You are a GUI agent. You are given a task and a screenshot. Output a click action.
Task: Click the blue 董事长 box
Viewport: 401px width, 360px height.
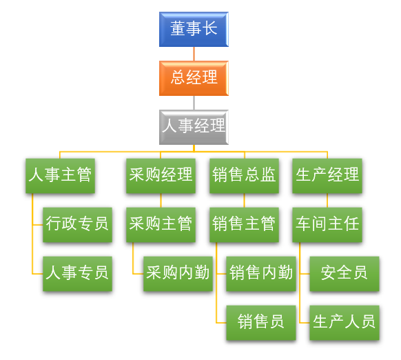point(194,29)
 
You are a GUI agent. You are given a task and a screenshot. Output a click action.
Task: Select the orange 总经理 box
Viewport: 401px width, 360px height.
point(194,78)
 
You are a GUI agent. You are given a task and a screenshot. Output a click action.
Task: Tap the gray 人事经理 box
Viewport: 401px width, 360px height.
point(194,127)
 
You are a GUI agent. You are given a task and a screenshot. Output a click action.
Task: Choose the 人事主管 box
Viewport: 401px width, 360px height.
point(60,176)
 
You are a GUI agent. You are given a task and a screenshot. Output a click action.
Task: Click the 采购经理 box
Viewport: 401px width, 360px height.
point(161,176)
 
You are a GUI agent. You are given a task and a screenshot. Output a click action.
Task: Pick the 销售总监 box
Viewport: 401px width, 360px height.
point(244,176)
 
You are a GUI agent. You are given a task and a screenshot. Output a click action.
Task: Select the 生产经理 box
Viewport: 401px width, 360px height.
point(327,176)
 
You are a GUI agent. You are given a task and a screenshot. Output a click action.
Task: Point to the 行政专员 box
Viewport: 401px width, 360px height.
point(77,225)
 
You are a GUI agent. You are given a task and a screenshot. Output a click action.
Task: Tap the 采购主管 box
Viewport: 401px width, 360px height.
point(161,225)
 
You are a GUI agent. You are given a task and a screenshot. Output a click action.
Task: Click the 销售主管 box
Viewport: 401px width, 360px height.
point(244,225)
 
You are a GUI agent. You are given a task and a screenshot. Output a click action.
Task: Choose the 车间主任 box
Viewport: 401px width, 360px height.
point(327,225)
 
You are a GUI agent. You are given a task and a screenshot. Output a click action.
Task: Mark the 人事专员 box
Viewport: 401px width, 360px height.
point(77,274)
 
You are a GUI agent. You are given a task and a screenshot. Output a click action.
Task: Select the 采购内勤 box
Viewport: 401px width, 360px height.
point(178,274)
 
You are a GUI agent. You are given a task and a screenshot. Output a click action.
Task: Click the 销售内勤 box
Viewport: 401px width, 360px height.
point(261,274)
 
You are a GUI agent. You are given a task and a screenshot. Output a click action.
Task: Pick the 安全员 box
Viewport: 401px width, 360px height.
point(345,274)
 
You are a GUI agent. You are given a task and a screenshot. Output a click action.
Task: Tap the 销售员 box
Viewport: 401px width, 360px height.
point(261,323)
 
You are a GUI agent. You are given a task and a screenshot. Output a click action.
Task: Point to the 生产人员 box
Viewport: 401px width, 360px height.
point(345,323)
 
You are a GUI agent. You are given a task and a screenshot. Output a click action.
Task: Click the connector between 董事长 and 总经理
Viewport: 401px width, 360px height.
point(194,54)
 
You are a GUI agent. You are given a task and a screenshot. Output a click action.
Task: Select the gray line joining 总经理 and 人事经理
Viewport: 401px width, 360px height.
point(194,103)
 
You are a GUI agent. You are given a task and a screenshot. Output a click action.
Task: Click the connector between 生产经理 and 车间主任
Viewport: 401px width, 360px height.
point(327,201)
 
